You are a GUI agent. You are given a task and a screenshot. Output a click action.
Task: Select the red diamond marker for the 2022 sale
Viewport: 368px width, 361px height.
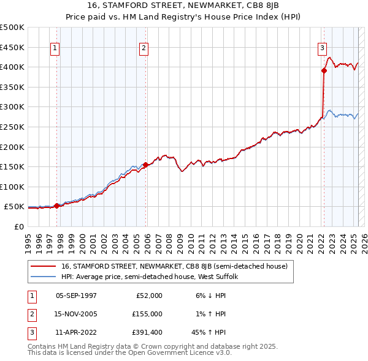click(x=324, y=70)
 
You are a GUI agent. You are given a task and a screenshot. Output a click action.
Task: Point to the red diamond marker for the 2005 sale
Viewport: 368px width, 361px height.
click(x=145, y=165)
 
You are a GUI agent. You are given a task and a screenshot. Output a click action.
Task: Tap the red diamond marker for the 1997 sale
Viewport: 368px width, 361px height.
click(x=56, y=206)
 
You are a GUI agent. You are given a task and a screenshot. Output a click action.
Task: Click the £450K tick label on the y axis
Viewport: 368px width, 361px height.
click(x=12, y=47)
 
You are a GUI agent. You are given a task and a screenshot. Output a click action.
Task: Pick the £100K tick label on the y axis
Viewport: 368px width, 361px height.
click(x=12, y=187)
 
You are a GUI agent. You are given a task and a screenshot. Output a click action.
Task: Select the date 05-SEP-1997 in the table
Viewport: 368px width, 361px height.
click(x=76, y=296)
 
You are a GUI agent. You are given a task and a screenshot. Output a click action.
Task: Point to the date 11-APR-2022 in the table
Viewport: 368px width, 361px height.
click(x=76, y=332)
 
